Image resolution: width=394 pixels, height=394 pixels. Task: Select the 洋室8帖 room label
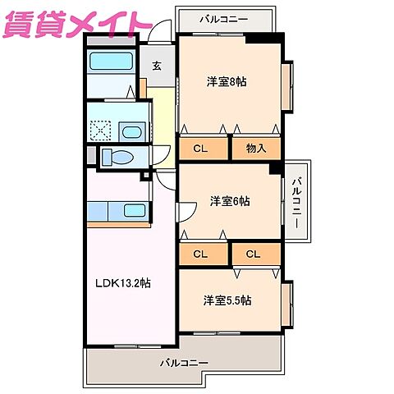tap(226, 81)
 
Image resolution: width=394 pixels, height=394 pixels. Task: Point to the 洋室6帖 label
tap(229, 200)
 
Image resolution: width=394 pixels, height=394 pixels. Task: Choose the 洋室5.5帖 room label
tap(227, 300)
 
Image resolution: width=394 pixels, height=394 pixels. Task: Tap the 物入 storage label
tap(254, 149)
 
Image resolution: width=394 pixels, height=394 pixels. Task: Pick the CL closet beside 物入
tap(199, 149)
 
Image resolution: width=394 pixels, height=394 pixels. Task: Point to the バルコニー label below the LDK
tap(184, 362)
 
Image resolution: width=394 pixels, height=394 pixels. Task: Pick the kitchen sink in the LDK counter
tap(133, 209)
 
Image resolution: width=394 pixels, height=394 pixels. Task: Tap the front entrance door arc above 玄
tap(161, 38)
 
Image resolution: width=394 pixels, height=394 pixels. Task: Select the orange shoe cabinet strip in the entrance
tap(143, 87)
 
